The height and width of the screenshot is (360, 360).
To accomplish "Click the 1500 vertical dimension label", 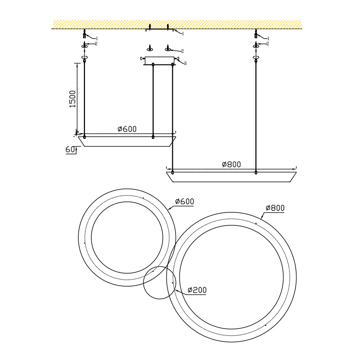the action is coord(72,99).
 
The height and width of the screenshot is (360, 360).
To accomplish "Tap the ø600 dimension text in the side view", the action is coord(127,129).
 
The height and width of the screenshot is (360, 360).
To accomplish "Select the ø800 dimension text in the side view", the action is coord(232,164).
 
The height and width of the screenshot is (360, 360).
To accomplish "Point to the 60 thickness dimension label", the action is coord(70,150).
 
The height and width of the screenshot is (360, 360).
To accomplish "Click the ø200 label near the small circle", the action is coord(197,290).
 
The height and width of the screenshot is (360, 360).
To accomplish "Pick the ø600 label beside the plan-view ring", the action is coord(184,202).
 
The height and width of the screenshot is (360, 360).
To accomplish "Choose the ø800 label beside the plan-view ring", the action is coord(275,208).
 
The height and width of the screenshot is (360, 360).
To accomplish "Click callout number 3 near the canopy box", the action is coord(185,63).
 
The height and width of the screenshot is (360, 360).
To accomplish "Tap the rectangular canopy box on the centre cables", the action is coord(160,60).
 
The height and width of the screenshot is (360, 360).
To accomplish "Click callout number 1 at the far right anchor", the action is coord(268,38).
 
